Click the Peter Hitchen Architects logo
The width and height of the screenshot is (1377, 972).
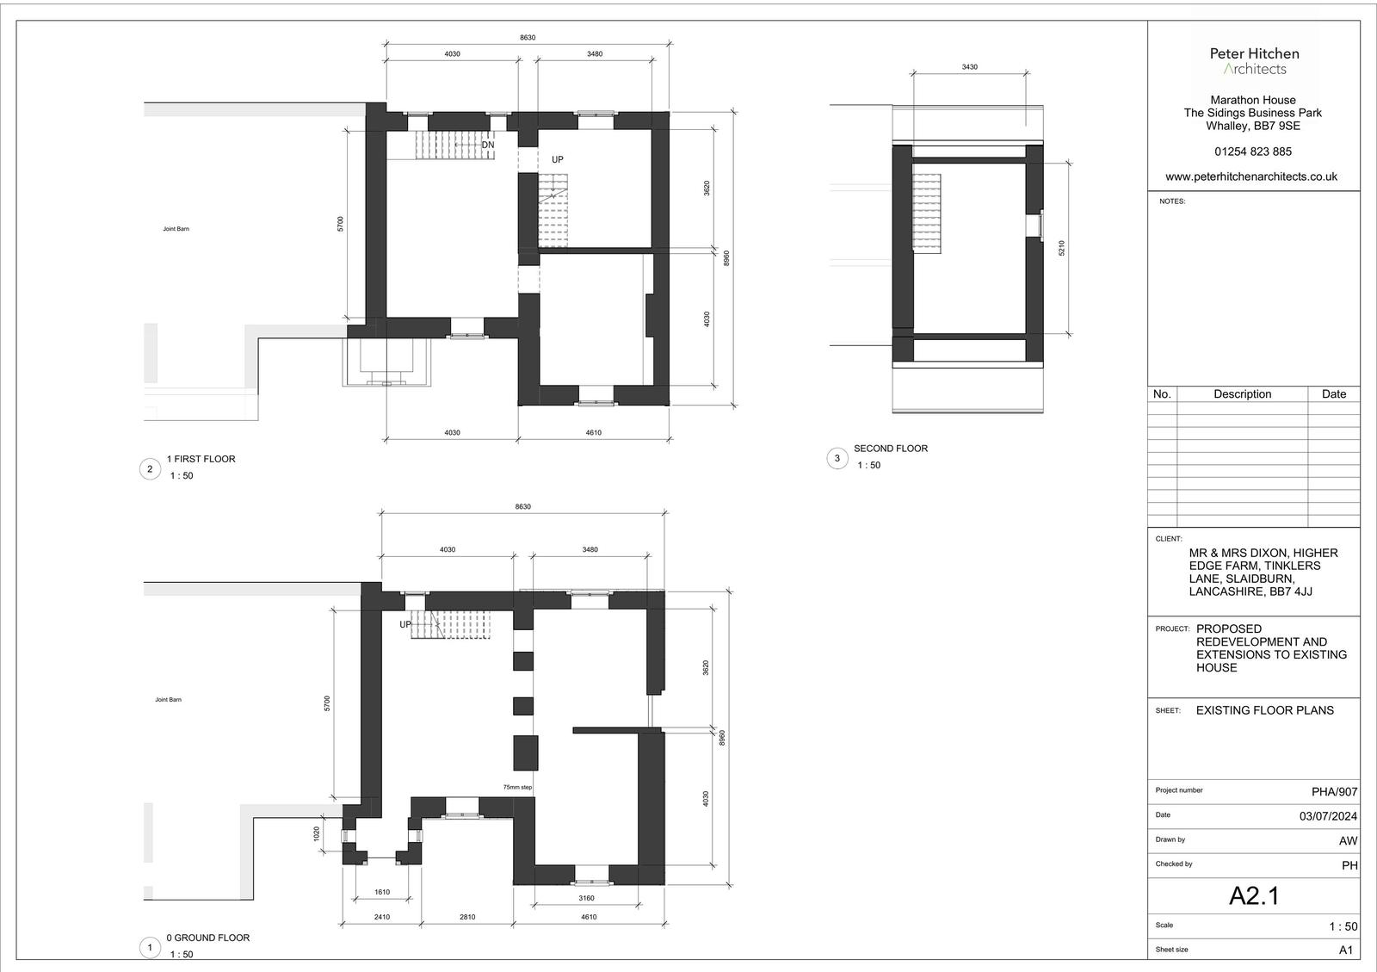point(1254,61)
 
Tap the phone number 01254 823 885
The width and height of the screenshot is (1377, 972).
point(1253,152)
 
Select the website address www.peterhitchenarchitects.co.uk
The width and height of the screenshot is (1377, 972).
point(1251,176)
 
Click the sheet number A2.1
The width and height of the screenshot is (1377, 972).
point(1254,895)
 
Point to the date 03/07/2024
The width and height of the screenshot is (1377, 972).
point(1328,816)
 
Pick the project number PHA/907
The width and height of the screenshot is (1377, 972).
point(1334,792)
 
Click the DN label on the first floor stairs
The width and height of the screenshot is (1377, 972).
point(487,145)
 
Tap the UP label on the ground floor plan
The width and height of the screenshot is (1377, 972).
point(405,625)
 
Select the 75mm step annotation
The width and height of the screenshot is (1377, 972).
point(517,787)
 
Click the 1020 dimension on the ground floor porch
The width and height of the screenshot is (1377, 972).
point(317,833)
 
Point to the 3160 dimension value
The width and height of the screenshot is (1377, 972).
point(586,898)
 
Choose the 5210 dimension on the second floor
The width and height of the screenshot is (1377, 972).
point(1061,248)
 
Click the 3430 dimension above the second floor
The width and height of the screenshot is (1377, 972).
point(969,67)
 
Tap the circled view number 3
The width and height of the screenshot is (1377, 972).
point(837,459)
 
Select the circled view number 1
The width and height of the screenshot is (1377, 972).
point(150,948)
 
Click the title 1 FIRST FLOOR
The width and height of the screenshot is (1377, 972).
point(201,459)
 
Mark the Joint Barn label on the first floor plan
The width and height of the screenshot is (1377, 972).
point(176,229)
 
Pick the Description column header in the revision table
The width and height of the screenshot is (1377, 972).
point(1243,394)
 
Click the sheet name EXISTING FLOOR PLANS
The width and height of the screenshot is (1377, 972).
point(1264,710)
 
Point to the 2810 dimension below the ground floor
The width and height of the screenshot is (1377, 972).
point(467,917)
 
